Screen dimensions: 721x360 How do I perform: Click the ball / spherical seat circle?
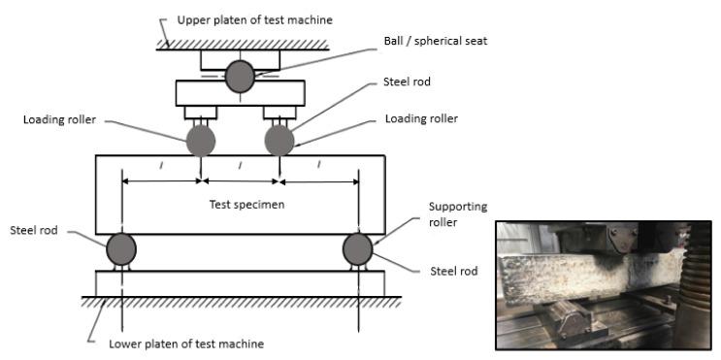(240, 77)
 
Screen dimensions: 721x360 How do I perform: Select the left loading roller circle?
(201, 141)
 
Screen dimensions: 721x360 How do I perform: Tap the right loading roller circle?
(279, 141)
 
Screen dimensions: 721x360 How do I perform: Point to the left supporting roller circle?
(121, 249)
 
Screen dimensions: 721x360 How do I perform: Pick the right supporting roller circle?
(358, 249)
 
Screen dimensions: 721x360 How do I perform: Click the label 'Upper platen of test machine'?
(255, 20)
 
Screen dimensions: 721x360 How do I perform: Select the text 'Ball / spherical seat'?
(436, 41)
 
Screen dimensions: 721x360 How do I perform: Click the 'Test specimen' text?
(246, 204)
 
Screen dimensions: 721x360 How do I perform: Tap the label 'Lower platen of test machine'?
(186, 344)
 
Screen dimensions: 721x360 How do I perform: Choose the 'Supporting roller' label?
(451, 214)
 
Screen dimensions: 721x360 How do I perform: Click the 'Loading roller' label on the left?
(60, 120)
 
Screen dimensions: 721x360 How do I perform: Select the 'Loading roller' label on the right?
(422, 118)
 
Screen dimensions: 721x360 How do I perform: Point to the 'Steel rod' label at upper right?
(407, 82)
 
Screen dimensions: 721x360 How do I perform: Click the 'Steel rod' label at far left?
(34, 230)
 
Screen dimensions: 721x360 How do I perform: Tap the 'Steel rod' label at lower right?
(454, 272)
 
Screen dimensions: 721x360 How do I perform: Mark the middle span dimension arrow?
(240, 181)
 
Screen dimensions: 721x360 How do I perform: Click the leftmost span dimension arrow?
(162, 181)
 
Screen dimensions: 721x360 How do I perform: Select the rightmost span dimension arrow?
(318, 182)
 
